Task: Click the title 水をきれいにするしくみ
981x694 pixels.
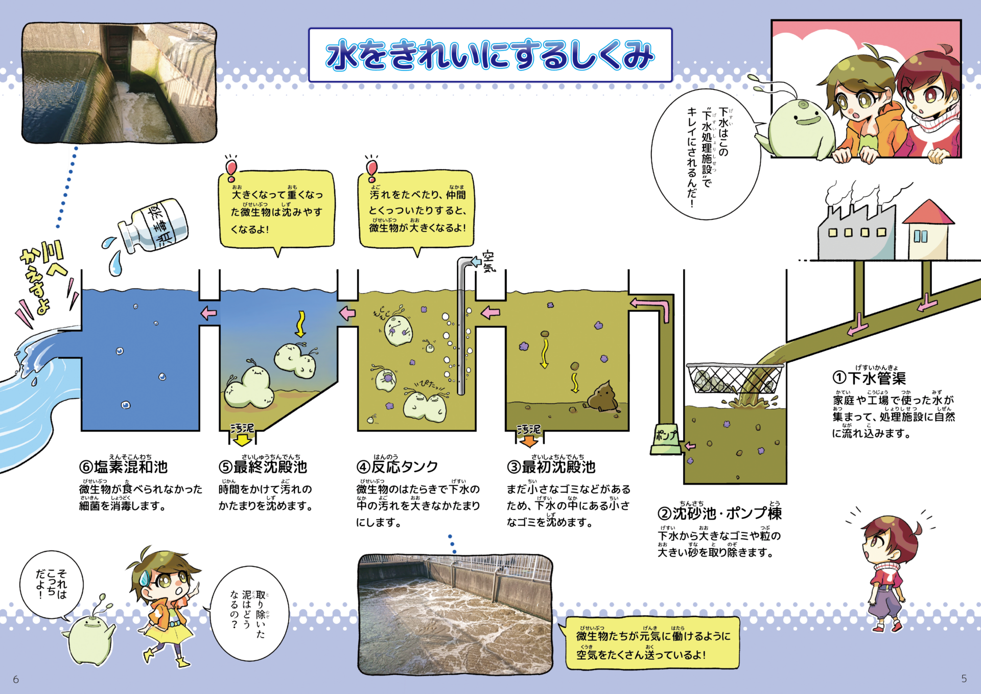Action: click(490, 55)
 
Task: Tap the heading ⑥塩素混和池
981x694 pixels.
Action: click(124, 467)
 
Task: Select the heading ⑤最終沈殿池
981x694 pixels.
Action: click(263, 467)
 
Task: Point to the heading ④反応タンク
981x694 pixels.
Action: click(398, 467)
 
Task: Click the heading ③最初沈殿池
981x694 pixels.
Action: click(551, 467)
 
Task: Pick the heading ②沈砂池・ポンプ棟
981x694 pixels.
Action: click(720, 513)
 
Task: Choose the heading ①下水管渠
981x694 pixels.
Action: click(869, 378)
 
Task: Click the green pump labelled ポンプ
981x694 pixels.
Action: click(666, 438)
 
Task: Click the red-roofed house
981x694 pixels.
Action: click(928, 229)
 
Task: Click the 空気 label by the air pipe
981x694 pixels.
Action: click(488, 261)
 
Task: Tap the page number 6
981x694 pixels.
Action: click(16, 679)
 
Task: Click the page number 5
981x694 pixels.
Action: click(964, 679)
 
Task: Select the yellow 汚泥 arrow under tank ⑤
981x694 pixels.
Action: click(242, 434)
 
